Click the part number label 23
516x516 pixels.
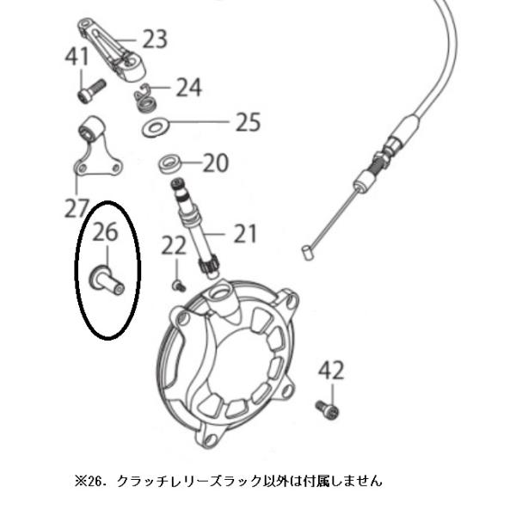(x=155, y=39)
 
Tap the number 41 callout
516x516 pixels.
(x=77, y=57)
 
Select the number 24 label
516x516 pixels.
(x=188, y=87)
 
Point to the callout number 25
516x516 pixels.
(x=249, y=122)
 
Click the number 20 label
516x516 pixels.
(x=216, y=163)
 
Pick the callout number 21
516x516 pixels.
(x=245, y=234)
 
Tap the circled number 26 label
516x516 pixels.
(x=105, y=232)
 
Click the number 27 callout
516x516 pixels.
(x=77, y=208)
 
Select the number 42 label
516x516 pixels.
(x=331, y=371)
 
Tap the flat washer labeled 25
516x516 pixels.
(x=155, y=128)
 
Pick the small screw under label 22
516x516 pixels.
(x=179, y=286)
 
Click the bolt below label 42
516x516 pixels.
(x=327, y=411)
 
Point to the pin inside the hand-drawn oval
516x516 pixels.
(x=107, y=279)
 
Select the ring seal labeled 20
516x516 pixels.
(x=169, y=164)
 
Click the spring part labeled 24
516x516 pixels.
(x=144, y=99)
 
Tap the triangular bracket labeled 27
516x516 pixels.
(x=96, y=148)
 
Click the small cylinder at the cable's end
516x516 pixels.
(x=306, y=253)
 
